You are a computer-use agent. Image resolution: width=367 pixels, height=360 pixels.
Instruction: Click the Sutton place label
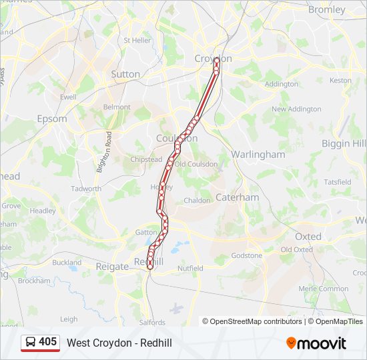point(125,74)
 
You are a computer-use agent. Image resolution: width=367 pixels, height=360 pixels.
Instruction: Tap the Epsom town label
point(52,119)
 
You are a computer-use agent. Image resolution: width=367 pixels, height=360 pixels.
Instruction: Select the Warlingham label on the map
point(258,154)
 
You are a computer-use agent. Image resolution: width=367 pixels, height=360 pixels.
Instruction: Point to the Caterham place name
point(237,197)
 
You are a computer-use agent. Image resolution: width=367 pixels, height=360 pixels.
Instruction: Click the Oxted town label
point(308,236)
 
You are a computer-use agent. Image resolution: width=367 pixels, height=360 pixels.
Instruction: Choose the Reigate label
point(111,266)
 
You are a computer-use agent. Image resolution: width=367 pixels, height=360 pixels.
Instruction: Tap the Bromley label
point(327,10)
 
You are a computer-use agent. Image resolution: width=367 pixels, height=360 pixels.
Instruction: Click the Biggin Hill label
point(344,143)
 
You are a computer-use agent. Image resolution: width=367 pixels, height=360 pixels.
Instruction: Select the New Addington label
point(296,109)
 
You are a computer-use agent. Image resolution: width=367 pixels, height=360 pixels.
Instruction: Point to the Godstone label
point(247,255)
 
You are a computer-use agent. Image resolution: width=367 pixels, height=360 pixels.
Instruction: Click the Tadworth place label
point(86,189)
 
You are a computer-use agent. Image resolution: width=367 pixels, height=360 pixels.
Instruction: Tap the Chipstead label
point(146,160)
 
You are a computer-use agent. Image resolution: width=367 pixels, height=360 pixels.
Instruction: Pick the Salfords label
point(152,323)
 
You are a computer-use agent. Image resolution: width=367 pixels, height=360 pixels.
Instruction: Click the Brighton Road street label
point(104,152)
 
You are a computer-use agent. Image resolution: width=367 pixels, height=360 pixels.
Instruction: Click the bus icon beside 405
point(31,342)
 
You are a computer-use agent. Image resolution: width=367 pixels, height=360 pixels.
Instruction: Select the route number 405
point(48,342)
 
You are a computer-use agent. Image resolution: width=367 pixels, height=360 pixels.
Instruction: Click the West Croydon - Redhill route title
point(119,343)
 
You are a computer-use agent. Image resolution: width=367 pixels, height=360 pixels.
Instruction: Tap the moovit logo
point(316,343)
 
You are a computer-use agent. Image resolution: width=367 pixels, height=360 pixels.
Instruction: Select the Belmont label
point(117,107)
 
